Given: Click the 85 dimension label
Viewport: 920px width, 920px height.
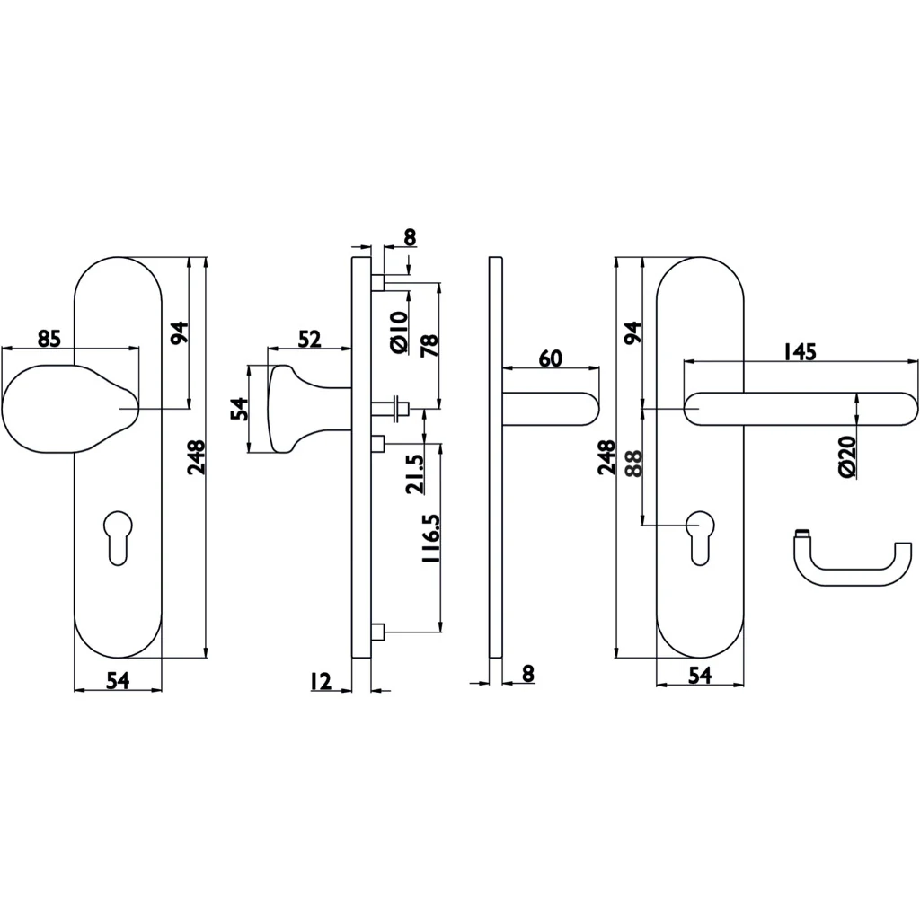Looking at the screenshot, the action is (49, 339).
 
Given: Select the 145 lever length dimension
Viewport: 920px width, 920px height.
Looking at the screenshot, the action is (800, 352).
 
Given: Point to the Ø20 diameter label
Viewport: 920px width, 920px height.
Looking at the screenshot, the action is (848, 456).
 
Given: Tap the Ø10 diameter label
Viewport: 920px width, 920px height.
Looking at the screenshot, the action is (398, 332).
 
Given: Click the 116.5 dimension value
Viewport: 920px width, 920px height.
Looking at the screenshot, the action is (430, 538).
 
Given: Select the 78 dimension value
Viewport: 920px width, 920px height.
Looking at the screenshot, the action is (429, 346).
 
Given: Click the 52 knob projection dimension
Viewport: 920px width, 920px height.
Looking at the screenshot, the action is (309, 339).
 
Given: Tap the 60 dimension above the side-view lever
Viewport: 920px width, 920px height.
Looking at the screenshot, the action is (551, 358).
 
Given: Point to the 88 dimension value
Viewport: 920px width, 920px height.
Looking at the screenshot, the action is (634, 463).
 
